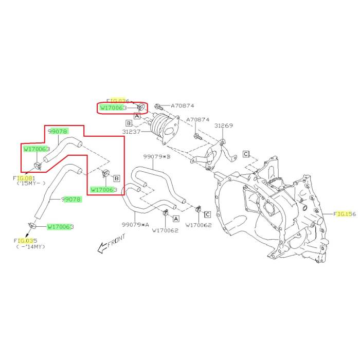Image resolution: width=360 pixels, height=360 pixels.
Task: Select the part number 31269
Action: pyautogui.click(x=224, y=125)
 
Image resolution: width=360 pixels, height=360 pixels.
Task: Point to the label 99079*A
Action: pyautogui.click(x=135, y=225)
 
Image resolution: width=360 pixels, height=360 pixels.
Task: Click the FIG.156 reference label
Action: pyautogui.click(x=345, y=213)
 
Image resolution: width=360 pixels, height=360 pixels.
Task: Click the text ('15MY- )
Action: pyautogui.click(x=31, y=183)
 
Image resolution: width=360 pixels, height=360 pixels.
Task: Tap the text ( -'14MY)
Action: pyautogui.click(x=30, y=246)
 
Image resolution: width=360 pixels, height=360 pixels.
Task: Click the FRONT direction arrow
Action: pyautogui.click(x=110, y=242)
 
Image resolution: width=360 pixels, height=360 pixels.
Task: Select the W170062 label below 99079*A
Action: pyautogui.click(x=165, y=230)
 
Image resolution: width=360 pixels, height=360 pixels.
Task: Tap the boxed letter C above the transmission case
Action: pyautogui.click(x=246, y=153)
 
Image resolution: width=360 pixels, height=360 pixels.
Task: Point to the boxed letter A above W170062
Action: pyautogui.click(x=175, y=218)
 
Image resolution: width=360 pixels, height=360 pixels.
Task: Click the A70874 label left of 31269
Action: pyautogui.click(x=197, y=120)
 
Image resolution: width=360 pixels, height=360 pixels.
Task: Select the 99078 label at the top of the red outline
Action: pyautogui.click(x=58, y=132)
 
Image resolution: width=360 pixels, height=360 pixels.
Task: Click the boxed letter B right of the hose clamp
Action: pyautogui.click(x=116, y=178)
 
